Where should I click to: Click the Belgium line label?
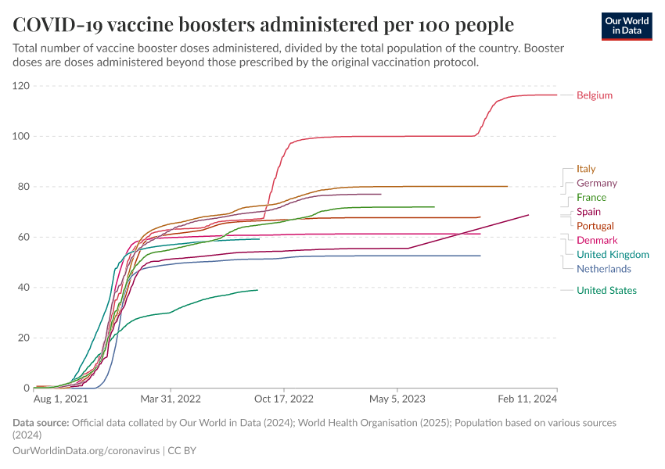pos(594,95)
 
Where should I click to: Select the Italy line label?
pos(586,168)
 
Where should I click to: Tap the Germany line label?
pos(596,183)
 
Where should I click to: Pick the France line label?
pos(591,197)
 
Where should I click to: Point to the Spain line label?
pos(588,212)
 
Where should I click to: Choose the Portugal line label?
pos(595,226)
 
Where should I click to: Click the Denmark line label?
pos(596,240)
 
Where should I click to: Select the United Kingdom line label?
pos(613,254)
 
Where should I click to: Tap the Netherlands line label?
pos(603,269)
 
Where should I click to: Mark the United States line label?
pos(606,291)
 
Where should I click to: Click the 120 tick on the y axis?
pos(21,86)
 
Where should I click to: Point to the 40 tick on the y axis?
pos(23,288)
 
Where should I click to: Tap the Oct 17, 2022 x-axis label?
pos(284,398)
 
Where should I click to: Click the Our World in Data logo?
pos(626,26)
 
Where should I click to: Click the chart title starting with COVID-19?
pos(264,24)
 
